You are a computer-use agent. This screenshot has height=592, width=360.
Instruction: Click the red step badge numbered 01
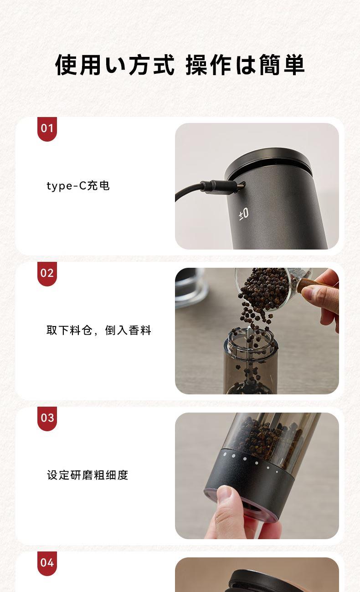47,129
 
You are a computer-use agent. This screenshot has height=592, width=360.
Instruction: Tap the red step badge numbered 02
47,274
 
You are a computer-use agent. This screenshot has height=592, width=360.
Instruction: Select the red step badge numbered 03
47,418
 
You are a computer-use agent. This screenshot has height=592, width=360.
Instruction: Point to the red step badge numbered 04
47,563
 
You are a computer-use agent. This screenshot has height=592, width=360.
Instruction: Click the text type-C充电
78,186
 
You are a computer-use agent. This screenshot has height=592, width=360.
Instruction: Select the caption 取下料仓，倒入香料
99,330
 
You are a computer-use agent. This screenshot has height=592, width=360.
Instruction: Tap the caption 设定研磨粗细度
87,475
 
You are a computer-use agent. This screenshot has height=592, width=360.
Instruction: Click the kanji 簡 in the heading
269,65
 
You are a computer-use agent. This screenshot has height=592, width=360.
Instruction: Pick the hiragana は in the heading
245,65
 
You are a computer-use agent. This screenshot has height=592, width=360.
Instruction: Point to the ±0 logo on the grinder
244,214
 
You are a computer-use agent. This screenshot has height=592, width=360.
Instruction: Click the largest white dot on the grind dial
225,454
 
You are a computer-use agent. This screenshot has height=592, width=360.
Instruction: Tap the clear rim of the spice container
251,342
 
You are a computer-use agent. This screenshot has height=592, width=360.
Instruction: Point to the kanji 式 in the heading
164,65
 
